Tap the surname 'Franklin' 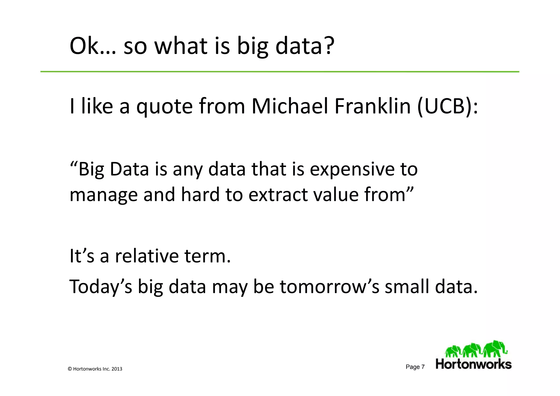pyautogui.click(x=372, y=106)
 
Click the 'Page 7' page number pyautogui.click(x=415, y=367)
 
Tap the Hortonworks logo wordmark pyautogui.click(x=474, y=364)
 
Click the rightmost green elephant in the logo pyautogui.click(x=495, y=349)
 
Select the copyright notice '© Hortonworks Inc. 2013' pyautogui.click(x=95, y=369)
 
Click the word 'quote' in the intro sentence pyautogui.click(x=164, y=107)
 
